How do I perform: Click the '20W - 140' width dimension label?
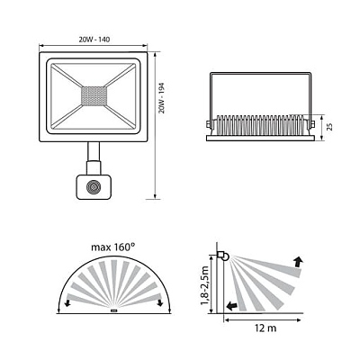point(94,40)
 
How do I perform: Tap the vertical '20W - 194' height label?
point(162,98)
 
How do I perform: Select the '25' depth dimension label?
point(329,127)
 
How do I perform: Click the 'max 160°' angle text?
point(113,247)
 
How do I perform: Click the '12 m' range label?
point(265,328)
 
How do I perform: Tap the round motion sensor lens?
point(92,187)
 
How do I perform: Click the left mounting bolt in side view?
point(208,124)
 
